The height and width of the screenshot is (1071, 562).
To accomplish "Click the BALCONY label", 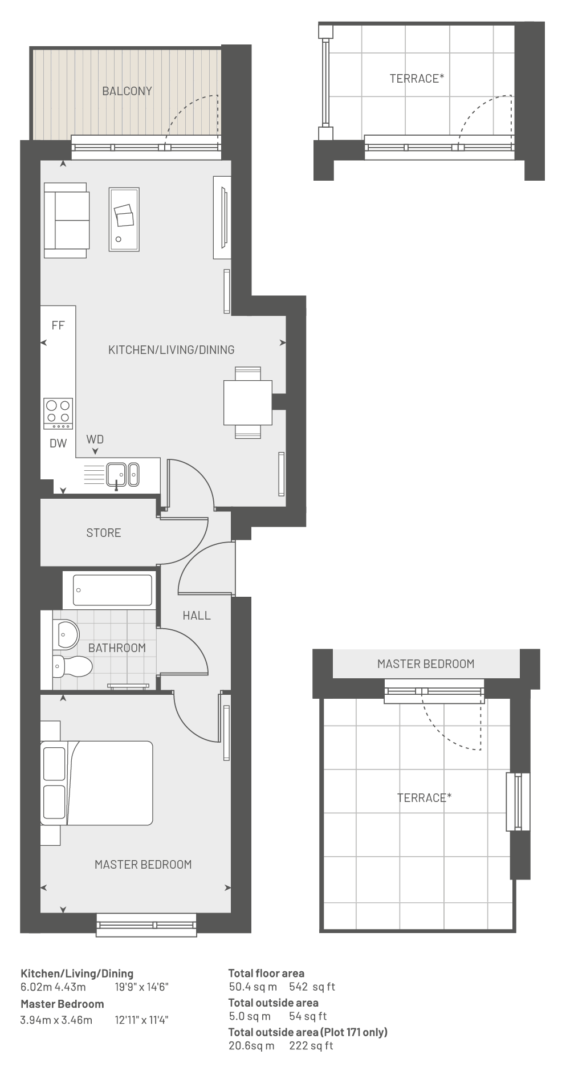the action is point(127,91).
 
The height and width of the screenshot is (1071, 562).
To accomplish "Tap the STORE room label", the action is point(104,533).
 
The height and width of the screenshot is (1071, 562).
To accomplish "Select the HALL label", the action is point(197,616).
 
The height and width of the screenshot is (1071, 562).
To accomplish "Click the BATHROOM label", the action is point(117,648).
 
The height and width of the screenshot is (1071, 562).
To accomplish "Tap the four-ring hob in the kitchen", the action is point(58,413).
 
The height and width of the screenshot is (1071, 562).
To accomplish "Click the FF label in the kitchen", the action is point(58,325).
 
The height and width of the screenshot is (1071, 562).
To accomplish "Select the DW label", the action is point(58,443).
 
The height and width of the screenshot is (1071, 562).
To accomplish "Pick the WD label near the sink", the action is point(95,439).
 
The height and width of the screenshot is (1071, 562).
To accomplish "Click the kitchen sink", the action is point(123,475).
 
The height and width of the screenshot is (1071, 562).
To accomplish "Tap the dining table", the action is point(247,402).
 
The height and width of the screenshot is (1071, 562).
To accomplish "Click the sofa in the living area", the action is point(66,220).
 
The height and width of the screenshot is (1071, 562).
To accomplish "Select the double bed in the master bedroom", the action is point(96,783).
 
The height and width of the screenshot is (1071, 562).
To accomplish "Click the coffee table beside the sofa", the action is point(124,219).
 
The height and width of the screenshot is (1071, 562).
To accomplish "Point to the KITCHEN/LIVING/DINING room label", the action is point(172,350).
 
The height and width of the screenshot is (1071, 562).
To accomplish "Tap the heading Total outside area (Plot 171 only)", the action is point(308,1032).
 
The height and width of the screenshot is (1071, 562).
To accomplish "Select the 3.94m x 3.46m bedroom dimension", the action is point(56,1020).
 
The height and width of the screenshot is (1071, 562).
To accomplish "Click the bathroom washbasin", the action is point(66,634).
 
